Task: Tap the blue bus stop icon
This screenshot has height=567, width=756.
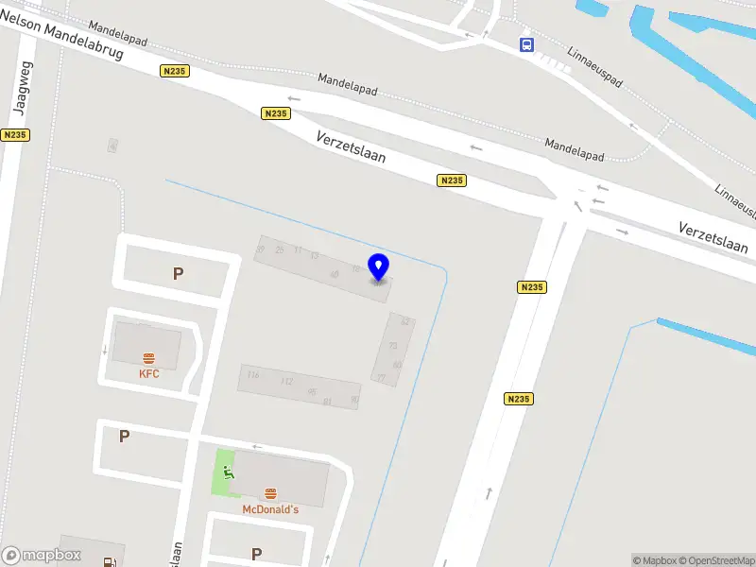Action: click(526, 44)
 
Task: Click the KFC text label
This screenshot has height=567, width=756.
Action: click(149, 374)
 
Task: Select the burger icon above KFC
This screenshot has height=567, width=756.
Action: click(149, 358)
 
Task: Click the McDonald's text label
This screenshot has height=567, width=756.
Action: click(270, 509)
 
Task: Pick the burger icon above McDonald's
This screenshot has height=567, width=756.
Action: click(271, 493)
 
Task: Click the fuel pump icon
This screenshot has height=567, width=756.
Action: click(112, 561)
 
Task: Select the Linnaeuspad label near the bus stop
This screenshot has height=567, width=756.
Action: click(595, 67)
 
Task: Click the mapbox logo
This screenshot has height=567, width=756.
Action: click(41, 556)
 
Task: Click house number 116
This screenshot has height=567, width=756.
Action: click(252, 375)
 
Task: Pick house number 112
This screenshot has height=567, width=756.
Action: click(286, 382)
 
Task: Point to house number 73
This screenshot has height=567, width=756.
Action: click(393, 346)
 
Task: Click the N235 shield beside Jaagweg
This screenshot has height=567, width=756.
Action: click(15, 135)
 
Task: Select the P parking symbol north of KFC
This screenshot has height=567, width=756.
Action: click(177, 274)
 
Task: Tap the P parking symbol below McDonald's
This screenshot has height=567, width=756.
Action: click(255, 554)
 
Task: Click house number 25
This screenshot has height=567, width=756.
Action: click(279, 249)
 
